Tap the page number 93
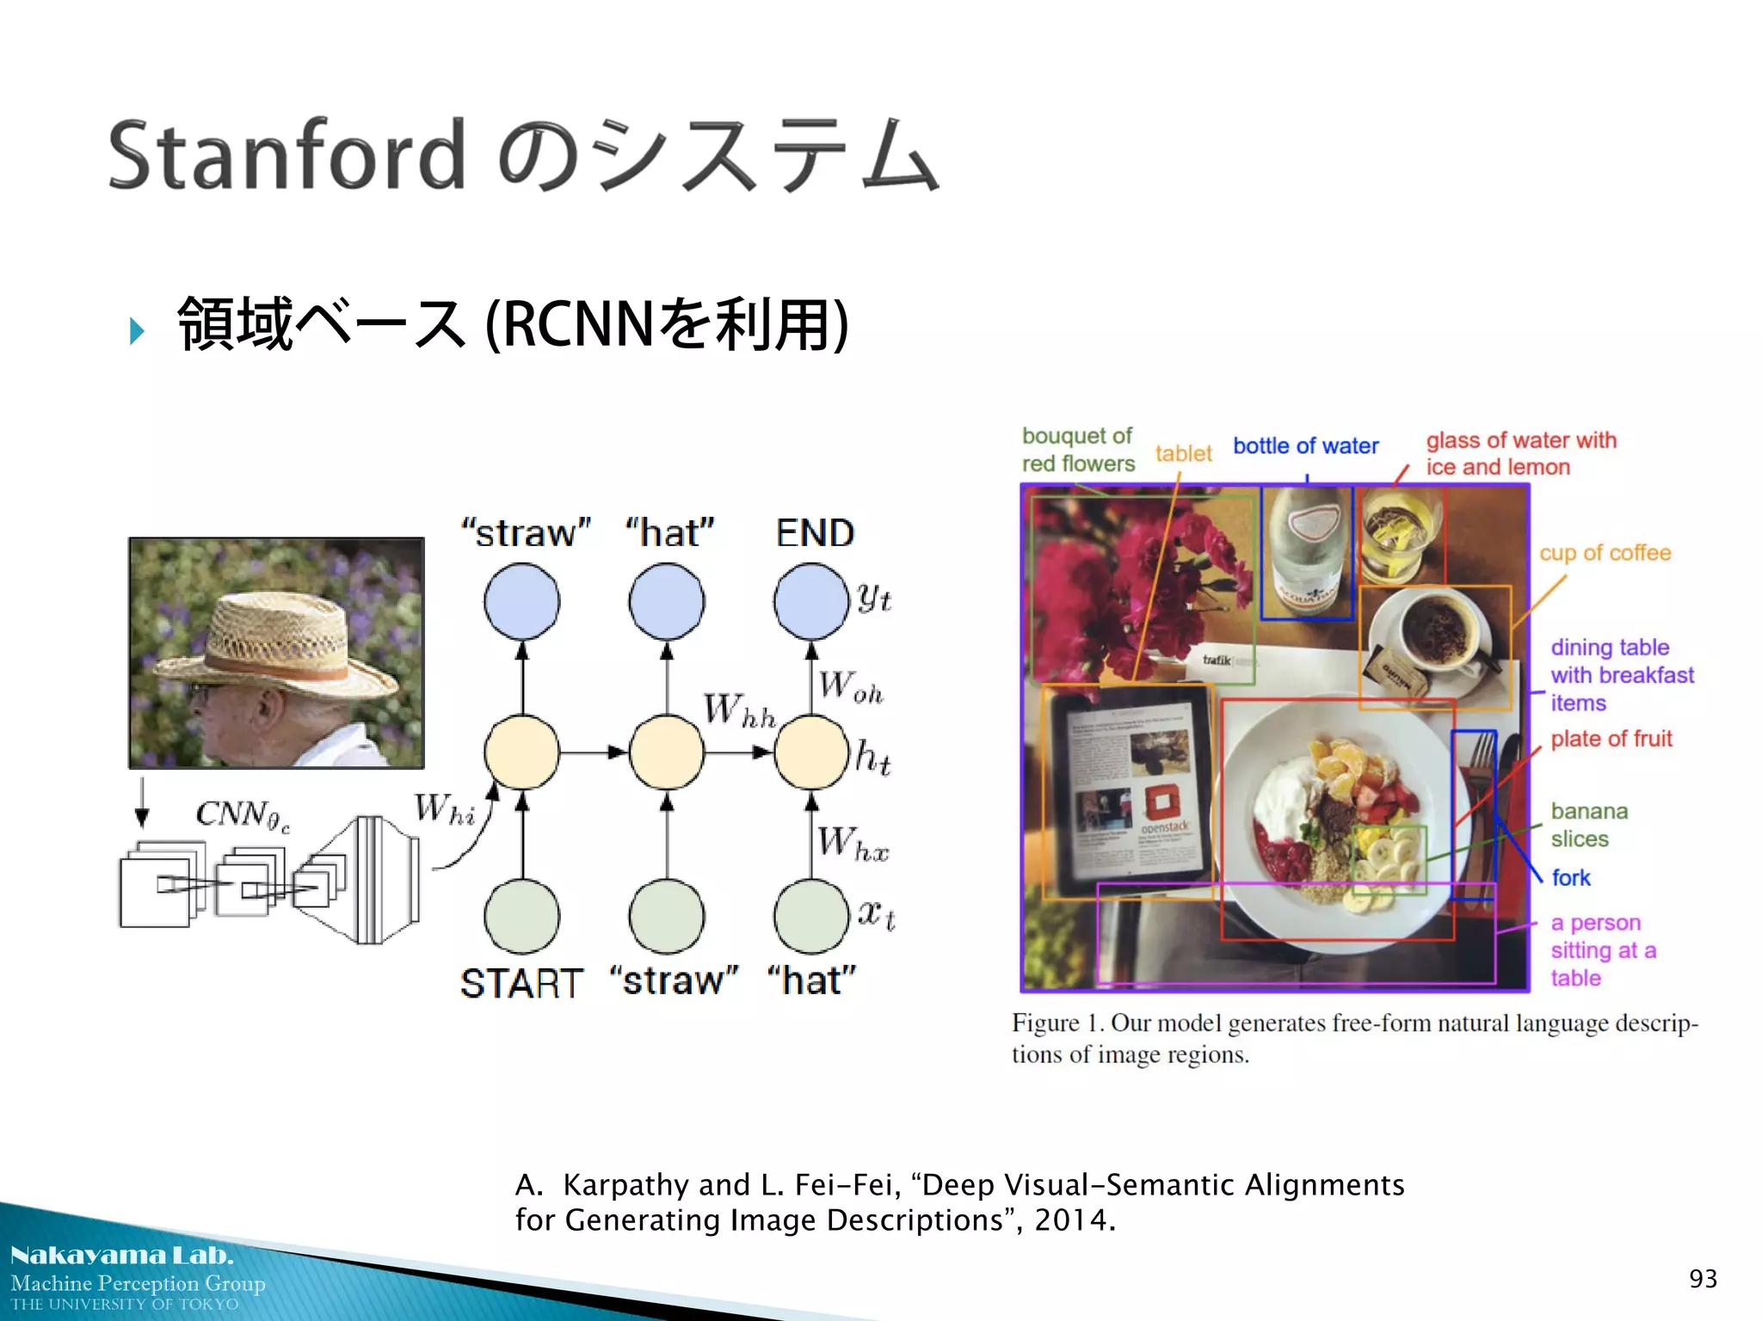point(1703,1279)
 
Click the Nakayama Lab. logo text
point(121,1256)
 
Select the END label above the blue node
point(814,532)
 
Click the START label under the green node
point(521,982)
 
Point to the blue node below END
point(810,601)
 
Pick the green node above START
point(521,916)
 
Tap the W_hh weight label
point(738,710)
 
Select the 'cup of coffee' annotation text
point(1605,553)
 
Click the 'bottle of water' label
point(1305,445)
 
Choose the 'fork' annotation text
point(1570,877)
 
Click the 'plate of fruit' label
point(1611,739)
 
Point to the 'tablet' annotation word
point(1183,453)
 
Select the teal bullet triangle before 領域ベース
point(136,330)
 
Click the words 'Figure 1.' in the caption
point(1057,1023)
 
